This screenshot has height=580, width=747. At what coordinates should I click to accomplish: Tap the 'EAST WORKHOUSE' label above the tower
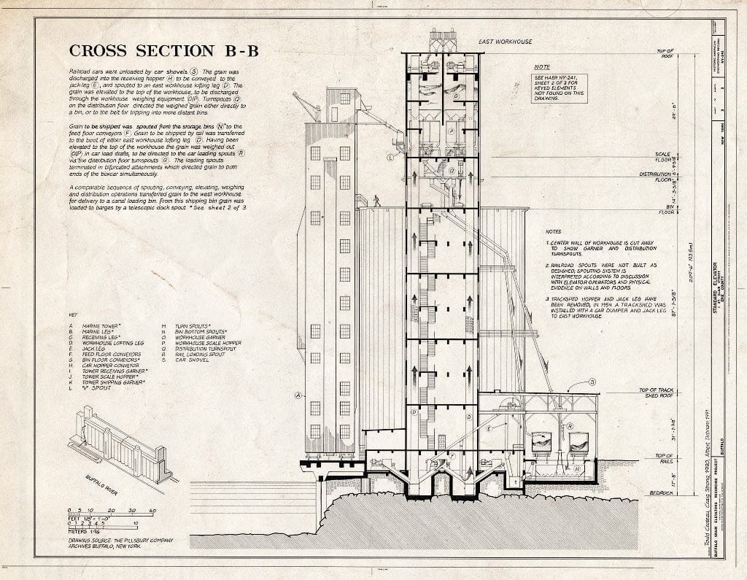(x=505, y=42)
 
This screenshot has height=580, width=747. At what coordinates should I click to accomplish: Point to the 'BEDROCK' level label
(x=662, y=492)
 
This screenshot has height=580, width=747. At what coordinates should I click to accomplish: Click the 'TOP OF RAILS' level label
(x=662, y=459)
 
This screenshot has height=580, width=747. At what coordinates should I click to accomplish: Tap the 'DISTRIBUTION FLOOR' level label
(x=659, y=177)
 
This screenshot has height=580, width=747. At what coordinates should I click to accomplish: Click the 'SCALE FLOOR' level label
(x=663, y=156)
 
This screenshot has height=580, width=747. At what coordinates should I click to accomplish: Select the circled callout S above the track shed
(x=592, y=382)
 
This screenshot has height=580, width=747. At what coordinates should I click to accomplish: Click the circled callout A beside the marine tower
(x=298, y=396)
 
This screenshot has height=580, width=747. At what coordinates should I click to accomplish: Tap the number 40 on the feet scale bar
(x=152, y=510)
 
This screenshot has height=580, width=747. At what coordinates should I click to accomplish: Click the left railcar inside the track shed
(x=542, y=442)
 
